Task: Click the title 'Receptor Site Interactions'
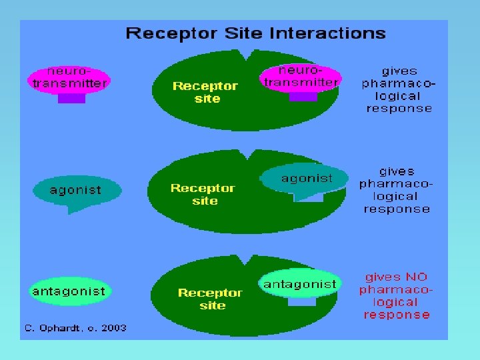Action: pyautogui.click(x=256, y=33)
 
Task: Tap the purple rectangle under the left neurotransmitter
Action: pyautogui.click(x=71, y=98)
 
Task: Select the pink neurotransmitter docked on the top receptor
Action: pyautogui.click(x=301, y=77)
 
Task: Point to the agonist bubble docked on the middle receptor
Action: pyautogui.click(x=306, y=179)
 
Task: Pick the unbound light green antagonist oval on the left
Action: pyautogui.click(x=69, y=291)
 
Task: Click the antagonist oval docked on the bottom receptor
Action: pyautogui.click(x=300, y=285)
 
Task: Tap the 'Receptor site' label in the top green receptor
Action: pyautogui.click(x=205, y=92)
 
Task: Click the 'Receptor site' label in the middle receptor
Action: pyautogui.click(x=203, y=194)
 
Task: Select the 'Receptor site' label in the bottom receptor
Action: pyautogui.click(x=210, y=299)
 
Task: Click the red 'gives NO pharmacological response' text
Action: pyautogui.click(x=397, y=295)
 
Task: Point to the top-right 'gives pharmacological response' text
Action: pyautogui.click(x=399, y=89)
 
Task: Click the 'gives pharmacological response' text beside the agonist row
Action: pyautogui.click(x=396, y=190)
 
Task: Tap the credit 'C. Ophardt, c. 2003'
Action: pyautogui.click(x=75, y=327)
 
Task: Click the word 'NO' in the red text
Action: pyautogui.click(x=415, y=277)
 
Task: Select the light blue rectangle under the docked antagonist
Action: pyautogui.click(x=301, y=301)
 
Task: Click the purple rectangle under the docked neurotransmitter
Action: pyautogui.click(x=303, y=97)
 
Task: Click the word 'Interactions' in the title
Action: pyautogui.click(x=336, y=33)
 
